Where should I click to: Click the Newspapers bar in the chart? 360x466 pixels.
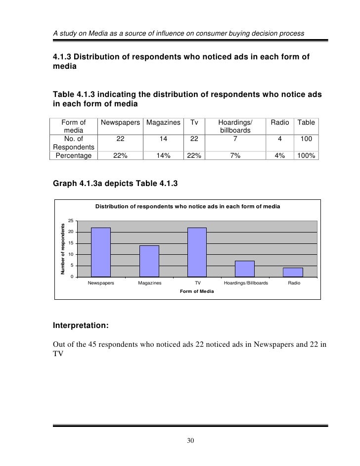tap(101, 252)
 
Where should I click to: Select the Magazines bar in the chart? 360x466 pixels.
tap(149, 261)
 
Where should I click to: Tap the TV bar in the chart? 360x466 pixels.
tap(197, 252)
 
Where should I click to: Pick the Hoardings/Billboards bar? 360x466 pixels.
tap(245, 268)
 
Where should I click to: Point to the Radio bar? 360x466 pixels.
tap(293, 272)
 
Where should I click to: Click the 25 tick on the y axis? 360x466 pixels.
tap(71, 221)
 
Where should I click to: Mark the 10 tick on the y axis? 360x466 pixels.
tap(71, 254)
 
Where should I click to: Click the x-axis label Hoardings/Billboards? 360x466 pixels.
tap(246, 283)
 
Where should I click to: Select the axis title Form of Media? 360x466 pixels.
tap(197, 291)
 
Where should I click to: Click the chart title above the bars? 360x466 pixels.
tap(187, 206)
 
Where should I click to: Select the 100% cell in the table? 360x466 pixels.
tap(306, 155)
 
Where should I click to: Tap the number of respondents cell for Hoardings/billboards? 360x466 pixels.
tap(235, 139)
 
